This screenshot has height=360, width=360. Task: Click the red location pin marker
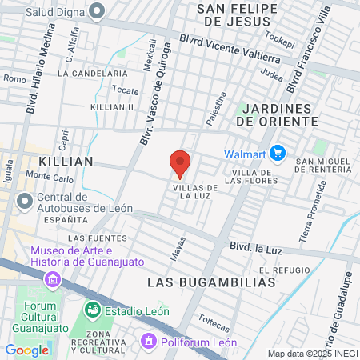click(180, 163)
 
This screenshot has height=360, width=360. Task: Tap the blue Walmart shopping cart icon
click(278, 152)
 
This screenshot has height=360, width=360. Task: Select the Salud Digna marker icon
click(98, 12)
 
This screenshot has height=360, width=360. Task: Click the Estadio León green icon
click(93, 309)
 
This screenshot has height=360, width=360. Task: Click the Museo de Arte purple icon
click(53, 279)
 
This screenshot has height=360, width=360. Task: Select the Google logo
click(26, 350)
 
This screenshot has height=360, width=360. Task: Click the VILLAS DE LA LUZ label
click(191, 190)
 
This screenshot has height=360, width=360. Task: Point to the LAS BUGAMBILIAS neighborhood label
click(212, 282)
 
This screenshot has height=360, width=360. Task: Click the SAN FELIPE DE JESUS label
click(239, 14)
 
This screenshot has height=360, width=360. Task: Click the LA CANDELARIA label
click(93, 73)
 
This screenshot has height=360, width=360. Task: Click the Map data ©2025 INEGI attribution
click(311, 354)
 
